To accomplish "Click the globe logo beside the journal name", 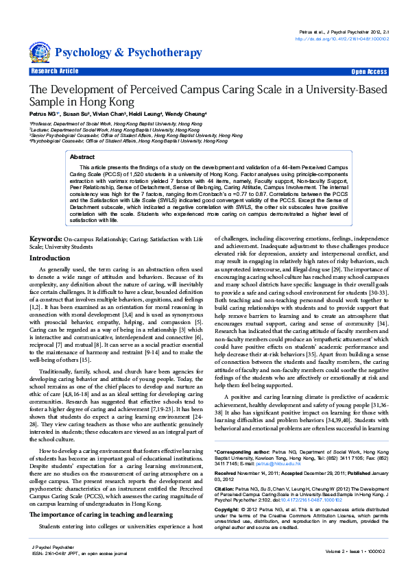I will (x=40, y=51).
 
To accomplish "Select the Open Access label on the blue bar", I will (x=369, y=71).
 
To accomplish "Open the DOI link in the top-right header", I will (x=341, y=39).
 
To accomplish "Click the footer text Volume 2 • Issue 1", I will (x=350, y=550).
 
